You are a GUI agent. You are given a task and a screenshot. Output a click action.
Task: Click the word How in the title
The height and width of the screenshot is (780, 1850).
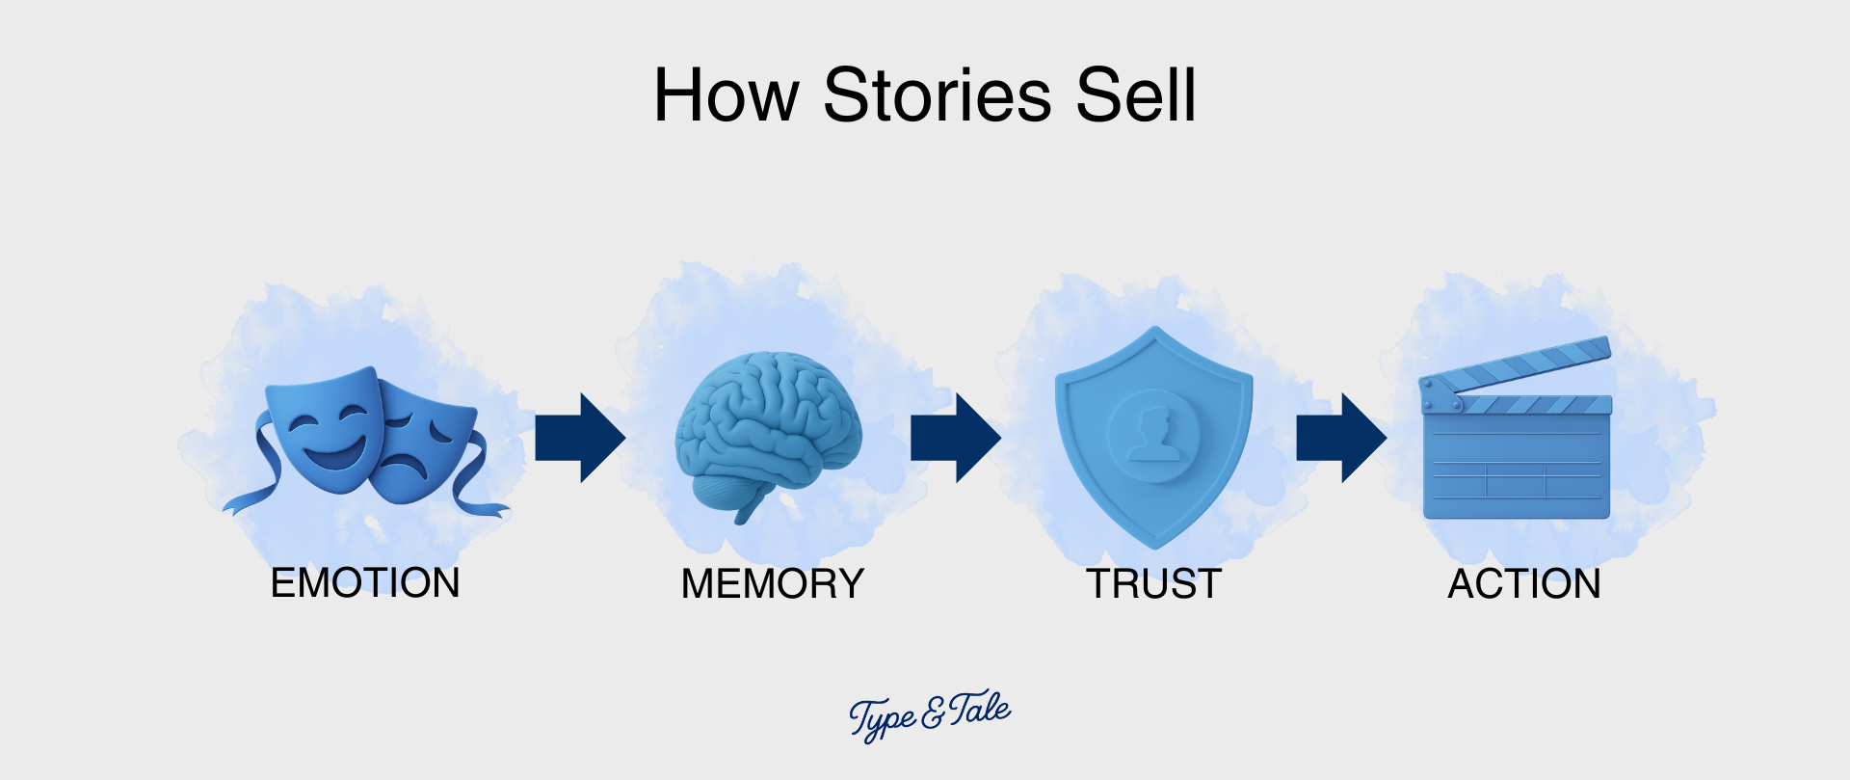pos(726,95)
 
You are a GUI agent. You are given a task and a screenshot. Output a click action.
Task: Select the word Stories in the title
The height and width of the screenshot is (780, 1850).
pos(937,95)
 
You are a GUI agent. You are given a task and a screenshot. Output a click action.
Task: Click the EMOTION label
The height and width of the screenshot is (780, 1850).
pos(365,583)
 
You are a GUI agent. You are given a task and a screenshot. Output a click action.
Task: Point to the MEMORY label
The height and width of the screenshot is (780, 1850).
pos(772,584)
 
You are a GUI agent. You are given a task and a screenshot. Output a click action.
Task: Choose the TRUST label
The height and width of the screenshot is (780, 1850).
pos(1153,584)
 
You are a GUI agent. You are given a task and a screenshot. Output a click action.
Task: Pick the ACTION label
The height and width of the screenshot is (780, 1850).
pos(1523,584)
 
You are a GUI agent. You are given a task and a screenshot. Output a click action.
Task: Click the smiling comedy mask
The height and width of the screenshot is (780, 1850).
pos(323,429)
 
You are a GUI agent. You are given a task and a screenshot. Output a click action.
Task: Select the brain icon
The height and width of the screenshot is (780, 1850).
pos(767,424)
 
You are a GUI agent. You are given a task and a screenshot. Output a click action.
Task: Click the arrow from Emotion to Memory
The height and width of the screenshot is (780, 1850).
pos(580,438)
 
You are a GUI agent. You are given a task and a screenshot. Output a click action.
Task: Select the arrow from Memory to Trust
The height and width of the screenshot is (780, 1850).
pos(956,438)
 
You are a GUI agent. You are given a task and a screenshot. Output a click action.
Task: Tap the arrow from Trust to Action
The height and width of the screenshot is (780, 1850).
pos(1341,438)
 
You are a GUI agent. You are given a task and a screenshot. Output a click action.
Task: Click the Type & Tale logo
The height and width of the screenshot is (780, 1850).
pos(929,714)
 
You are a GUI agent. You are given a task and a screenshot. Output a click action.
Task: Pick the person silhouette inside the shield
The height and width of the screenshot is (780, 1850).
pos(1153,434)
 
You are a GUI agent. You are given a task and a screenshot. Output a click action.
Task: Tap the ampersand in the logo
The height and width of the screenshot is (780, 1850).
pos(933,714)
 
